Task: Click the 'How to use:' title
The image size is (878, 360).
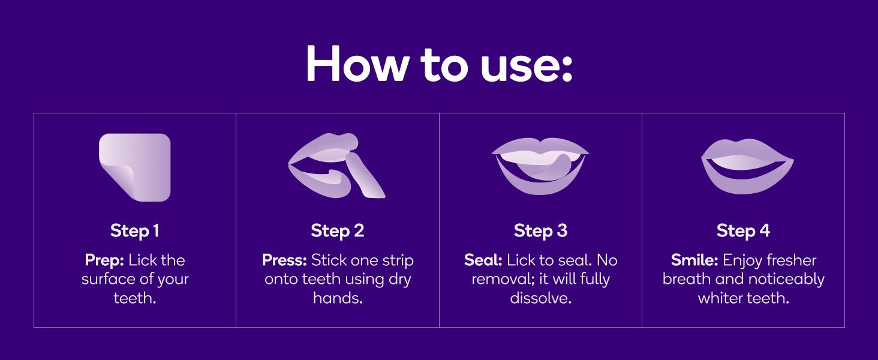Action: point(439,63)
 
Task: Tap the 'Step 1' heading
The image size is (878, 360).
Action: point(134,230)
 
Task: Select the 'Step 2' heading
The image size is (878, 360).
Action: point(338,230)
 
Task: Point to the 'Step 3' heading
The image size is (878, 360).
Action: point(540,230)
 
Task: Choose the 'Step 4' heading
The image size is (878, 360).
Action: point(743,230)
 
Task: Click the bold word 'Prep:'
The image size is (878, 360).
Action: point(105,260)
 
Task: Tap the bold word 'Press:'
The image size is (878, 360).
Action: point(284,260)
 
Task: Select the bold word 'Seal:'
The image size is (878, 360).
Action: point(483,260)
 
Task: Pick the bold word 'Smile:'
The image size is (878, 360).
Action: point(694,260)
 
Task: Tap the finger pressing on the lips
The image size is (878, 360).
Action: point(365,175)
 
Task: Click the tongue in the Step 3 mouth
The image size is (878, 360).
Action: point(549,169)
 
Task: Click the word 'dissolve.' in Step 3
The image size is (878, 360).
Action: point(540,298)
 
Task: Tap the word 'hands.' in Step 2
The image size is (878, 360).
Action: point(338,298)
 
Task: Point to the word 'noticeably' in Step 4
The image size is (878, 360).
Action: point(786,280)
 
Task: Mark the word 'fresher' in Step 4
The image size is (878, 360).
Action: point(792,260)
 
